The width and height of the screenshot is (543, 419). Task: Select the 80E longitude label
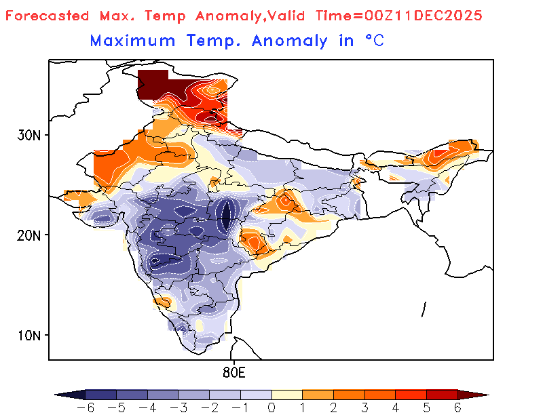[x=233, y=372]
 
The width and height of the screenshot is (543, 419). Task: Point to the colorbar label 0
[x=271, y=407]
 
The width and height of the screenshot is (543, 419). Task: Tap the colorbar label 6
[x=457, y=407]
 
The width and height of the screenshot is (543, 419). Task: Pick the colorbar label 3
[x=364, y=407]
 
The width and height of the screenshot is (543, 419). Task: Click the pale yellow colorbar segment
[x=286, y=395]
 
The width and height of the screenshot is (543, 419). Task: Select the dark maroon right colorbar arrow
[x=472, y=395]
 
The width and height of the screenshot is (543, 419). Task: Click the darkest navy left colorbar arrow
[x=70, y=395]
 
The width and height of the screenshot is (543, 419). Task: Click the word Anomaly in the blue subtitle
[x=289, y=41]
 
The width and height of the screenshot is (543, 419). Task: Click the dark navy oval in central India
[x=227, y=216]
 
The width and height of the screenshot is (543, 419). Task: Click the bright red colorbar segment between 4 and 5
[x=411, y=395]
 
